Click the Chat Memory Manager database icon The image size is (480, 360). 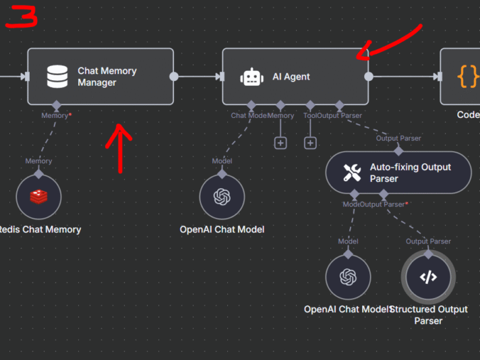pyautogui.click(x=57, y=77)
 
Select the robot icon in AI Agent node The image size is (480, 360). pyautogui.click(x=251, y=77)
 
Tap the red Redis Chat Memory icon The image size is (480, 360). pyautogui.click(x=38, y=197)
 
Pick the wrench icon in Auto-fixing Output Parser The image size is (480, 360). pyautogui.click(x=352, y=173)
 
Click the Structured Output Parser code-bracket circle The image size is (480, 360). pyautogui.click(x=428, y=276)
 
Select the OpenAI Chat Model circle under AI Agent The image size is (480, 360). pyautogui.click(x=222, y=197)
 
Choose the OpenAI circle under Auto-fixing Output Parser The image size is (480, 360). pyautogui.click(x=348, y=276)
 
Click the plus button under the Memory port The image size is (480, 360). pyautogui.click(x=280, y=143)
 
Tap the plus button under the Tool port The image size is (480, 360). pyautogui.click(x=310, y=143)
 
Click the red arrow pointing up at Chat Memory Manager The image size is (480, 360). pyautogui.click(x=120, y=145)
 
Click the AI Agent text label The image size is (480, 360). pyautogui.click(x=291, y=77)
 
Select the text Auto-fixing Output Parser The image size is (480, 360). pyautogui.click(x=410, y=173)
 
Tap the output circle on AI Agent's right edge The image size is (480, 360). pyautogui.click(x=369, y=77)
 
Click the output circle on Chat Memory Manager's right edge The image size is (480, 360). pyautogui.click(x=174, y=77)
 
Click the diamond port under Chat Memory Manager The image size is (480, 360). pyautogui.click(x=57, y=105)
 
